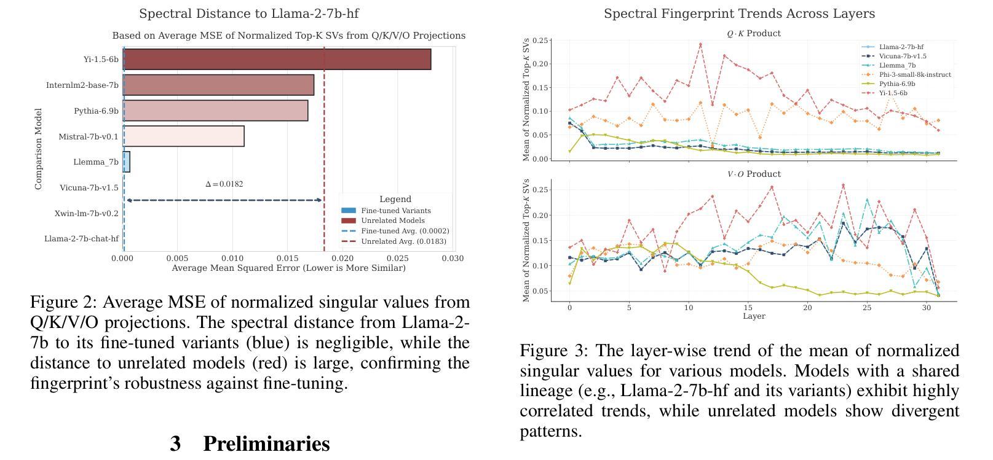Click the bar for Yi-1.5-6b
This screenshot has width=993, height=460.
(277, 60)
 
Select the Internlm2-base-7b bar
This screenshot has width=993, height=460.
(218, 85)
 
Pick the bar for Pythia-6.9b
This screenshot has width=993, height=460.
(215, 111)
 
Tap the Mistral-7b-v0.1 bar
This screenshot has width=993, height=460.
(183, 136)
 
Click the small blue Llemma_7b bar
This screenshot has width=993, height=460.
(127, 162)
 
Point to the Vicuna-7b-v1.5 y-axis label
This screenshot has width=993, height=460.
(89, 188)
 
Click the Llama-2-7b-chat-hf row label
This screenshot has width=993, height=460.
(81, 239)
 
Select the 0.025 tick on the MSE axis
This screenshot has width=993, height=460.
(398, 259)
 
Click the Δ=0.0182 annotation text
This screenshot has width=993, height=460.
(224, 184)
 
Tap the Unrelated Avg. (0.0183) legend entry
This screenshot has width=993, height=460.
(405, 241)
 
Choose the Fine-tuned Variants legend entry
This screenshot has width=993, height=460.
(395, 211)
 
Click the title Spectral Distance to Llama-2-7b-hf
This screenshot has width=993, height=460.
(249, 14)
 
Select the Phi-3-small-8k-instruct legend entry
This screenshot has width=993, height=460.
(914, 75)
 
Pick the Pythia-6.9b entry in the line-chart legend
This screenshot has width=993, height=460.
(897, 84)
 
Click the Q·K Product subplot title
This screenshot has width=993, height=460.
(754, 34)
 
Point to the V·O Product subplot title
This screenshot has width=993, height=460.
(754, 174)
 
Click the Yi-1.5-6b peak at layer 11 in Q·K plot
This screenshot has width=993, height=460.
(700, 44)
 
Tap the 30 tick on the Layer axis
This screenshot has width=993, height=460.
(927, 308)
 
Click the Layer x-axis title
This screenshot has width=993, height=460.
(754, 316)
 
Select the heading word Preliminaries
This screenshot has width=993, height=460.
(266, 443)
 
